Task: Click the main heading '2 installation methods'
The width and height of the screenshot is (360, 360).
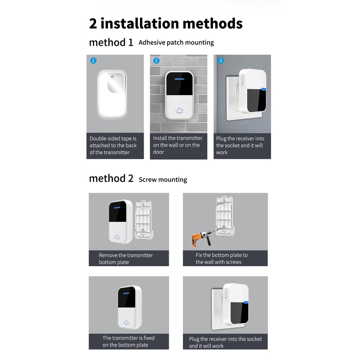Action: point(166,23)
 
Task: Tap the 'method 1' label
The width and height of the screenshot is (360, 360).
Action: point(111,42)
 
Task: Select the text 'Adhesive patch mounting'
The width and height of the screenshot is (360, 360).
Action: point(176,42)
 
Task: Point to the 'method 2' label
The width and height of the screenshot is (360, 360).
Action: point(111,178)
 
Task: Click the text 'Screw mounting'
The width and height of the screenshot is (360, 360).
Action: point(163,180)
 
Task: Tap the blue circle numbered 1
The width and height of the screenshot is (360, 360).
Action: point(93,61)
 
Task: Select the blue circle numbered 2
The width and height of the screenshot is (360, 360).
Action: point(156,61)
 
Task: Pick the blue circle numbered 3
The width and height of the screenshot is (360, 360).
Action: point(220,61)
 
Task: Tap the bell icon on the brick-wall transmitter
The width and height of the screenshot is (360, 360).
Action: point(179,111)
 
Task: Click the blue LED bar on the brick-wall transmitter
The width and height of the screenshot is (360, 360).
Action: point(180,79)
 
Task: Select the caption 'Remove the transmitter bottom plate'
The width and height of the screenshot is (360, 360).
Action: point(126,259)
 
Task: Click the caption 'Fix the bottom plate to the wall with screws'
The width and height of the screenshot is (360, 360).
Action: point(222,258)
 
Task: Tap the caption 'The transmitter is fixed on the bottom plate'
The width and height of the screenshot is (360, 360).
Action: point(128,341)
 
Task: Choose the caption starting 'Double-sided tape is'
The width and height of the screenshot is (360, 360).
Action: point(113,145)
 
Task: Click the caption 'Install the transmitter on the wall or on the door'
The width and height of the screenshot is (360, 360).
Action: point(177,145)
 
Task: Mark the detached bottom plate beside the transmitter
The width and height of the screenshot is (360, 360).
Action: point(144,220)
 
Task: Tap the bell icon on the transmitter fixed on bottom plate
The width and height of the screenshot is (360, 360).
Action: point(126,322)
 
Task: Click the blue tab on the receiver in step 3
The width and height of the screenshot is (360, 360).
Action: point(264,89)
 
